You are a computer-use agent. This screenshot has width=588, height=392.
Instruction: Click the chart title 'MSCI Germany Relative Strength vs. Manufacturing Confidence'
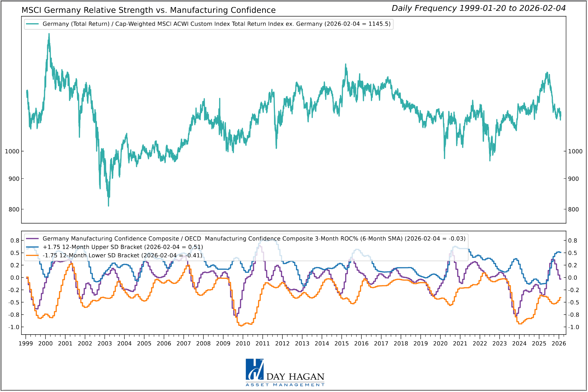(149, 10)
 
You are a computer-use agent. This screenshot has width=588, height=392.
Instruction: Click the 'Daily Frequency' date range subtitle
(478, 8)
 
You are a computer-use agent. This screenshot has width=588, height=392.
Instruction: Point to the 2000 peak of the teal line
(49, 34)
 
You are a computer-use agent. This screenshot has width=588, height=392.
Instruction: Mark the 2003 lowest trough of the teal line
(108, 206)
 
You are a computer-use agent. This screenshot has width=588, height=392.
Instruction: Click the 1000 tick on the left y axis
(12, 151)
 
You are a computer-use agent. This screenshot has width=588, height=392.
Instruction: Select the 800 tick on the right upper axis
(573, 209)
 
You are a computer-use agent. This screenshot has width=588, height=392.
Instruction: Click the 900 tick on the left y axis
(14, 179)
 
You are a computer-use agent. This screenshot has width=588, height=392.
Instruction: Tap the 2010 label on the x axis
(243, 344)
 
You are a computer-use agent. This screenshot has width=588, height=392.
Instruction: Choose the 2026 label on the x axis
(559, 344)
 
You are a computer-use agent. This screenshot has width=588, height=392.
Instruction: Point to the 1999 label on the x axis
(26, 344)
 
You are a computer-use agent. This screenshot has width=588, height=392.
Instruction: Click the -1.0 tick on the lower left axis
(15, 327)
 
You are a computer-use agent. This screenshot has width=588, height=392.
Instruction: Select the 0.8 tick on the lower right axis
(572, 241)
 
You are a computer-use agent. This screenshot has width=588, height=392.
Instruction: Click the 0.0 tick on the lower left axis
(15, 278)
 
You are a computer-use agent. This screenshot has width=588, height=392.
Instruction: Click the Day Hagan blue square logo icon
(254, 369)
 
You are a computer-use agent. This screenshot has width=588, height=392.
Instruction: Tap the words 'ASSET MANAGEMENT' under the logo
(285, 385)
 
